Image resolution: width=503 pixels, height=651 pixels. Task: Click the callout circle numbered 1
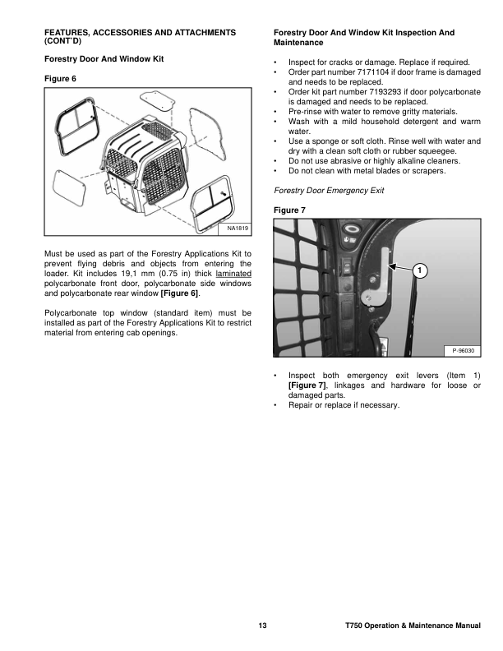(419, 270)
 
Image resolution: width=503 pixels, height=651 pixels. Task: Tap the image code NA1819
(237, 229)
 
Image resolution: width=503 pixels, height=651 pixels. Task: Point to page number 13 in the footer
(262, 627)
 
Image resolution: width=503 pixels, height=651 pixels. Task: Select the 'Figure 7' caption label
(288, 210)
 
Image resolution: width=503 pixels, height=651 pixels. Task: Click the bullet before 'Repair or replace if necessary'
(275, 405)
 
